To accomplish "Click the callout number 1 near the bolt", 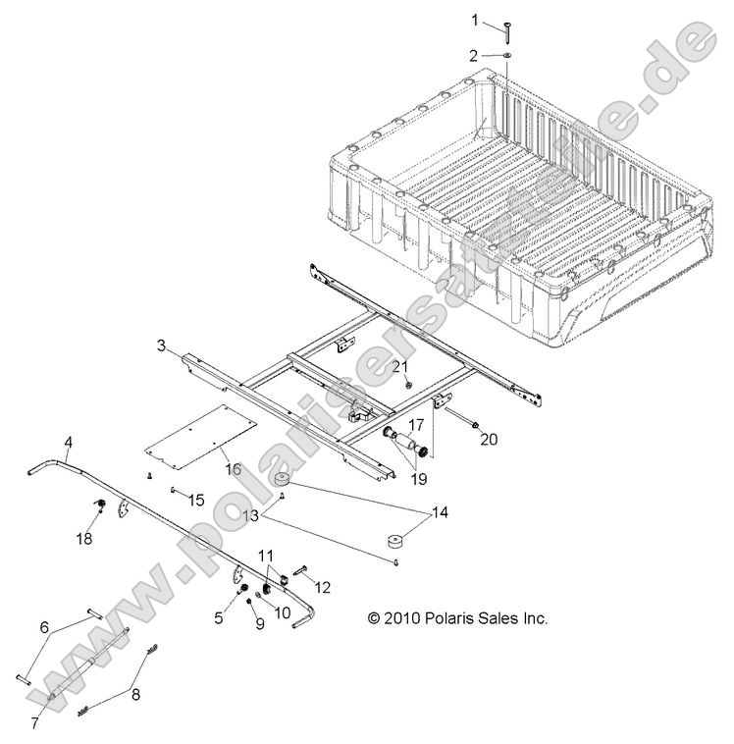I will (475, 20).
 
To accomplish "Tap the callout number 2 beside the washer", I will (475, 55).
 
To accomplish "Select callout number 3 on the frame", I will (161, 346).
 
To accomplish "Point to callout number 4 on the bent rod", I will (68, 441).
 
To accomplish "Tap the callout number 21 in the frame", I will (400, 366).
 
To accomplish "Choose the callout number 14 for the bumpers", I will (439, 511).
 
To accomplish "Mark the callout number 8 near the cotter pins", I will (136, 694).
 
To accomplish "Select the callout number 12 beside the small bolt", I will (322, 587).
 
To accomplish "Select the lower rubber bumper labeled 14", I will (395, 542).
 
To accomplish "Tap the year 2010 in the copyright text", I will (400, 618).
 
